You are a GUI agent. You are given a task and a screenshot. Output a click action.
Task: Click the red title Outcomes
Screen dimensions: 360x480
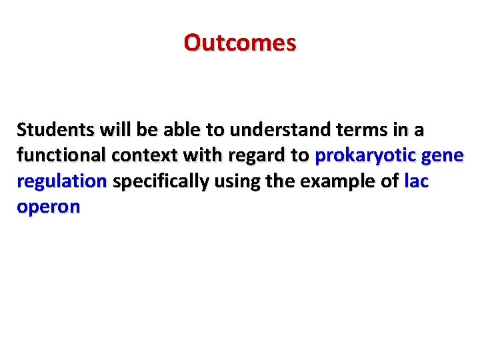240,43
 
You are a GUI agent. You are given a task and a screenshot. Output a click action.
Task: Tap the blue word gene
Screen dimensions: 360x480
441,155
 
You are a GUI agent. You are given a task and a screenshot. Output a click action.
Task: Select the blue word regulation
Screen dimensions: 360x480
61,181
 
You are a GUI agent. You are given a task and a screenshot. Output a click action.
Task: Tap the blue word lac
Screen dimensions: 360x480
416,181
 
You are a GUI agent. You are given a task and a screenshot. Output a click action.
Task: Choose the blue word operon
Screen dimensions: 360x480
48,207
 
